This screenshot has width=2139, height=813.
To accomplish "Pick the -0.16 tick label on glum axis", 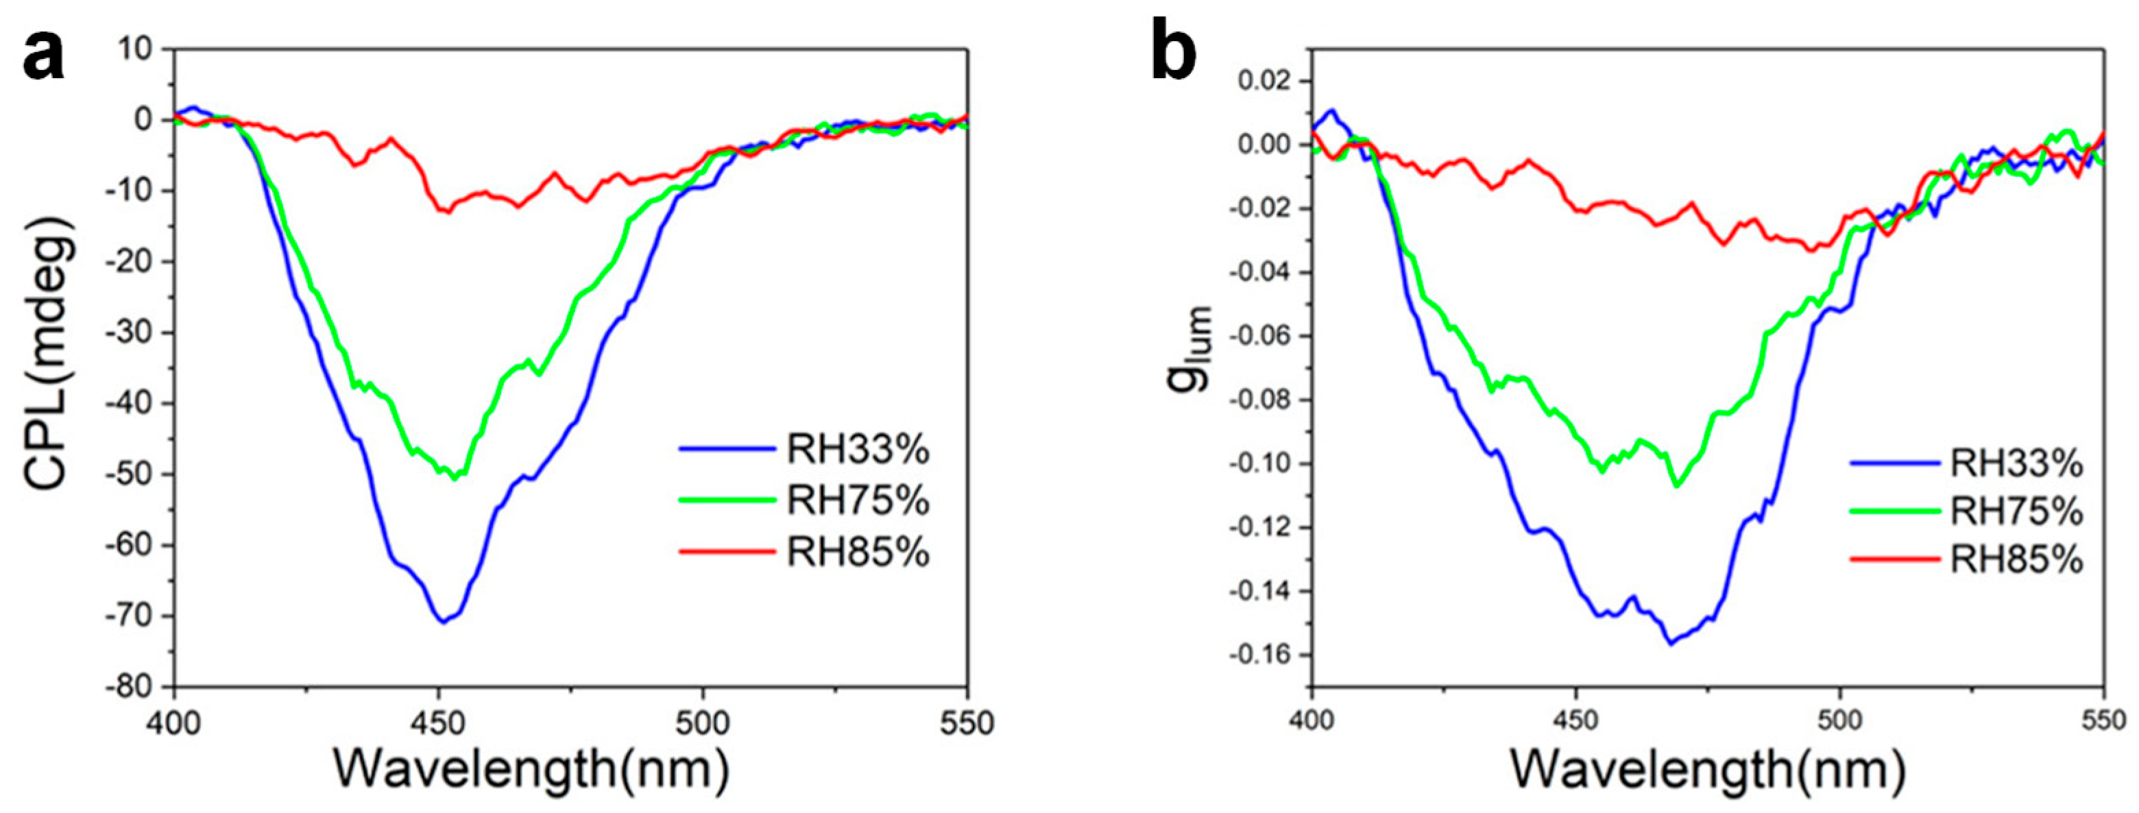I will point(1255,655).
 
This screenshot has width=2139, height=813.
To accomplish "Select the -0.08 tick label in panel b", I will point(1255,400).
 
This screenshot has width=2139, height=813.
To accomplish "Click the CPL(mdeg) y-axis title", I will point(50,365).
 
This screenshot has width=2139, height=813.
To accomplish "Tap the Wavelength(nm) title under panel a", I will point(531,769).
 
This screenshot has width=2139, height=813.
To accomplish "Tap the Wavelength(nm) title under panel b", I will point(1707,769).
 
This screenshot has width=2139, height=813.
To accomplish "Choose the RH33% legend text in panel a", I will point(858,450).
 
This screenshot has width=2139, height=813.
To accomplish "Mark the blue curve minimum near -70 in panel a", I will point(444,622).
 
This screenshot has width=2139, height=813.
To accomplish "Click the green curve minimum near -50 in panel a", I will point(455,479).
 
